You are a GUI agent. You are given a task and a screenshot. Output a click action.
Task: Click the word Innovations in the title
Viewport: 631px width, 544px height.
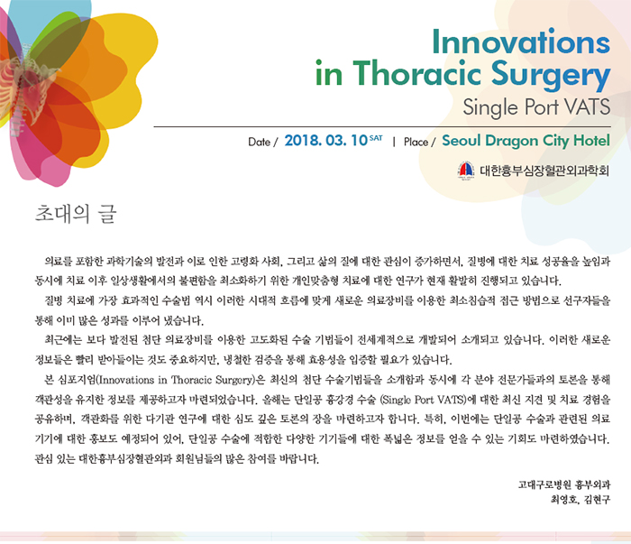pos(521,41)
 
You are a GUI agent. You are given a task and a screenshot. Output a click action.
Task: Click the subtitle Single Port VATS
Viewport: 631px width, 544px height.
pos(536,107)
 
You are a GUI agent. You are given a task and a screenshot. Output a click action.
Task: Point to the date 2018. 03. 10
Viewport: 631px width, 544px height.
pos(326,141)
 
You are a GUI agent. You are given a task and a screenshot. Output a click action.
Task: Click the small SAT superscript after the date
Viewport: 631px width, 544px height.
pos(376,138)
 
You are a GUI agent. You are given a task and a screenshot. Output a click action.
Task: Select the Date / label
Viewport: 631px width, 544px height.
pos(263,142)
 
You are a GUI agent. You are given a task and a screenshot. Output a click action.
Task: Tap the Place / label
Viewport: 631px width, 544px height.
pos(419,142)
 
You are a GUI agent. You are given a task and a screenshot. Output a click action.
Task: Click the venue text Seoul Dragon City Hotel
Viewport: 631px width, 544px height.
pos(526,141)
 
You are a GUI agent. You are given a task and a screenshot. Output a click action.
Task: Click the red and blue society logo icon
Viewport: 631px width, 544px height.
pos(466,171)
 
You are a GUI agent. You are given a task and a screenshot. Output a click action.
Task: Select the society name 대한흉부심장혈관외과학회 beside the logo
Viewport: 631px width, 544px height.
pos(544,171)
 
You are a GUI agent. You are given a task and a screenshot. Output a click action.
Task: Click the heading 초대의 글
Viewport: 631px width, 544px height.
pos(76,214)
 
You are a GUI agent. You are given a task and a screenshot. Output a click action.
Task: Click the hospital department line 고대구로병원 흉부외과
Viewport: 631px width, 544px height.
pos(564,484)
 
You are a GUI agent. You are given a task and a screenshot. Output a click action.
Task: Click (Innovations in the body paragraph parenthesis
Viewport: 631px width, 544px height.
pos(125,380)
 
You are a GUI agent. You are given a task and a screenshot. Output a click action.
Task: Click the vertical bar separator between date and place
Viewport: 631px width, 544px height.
pos(394,142)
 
